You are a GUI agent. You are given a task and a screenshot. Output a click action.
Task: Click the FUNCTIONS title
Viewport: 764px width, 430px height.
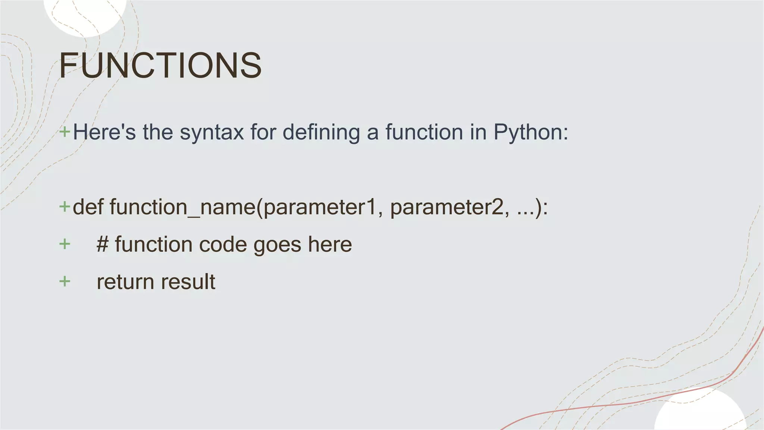click(x=160, y=65)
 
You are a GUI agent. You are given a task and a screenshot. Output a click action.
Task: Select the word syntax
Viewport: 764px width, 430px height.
click(x=212, y=132)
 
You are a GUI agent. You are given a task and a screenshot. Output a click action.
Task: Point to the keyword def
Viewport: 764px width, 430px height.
click(x=88, y=207)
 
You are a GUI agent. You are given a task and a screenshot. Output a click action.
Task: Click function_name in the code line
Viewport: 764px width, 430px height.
click(x=183, y=207)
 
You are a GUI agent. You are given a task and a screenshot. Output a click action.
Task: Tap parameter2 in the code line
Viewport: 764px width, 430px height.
click(x=447, y=208)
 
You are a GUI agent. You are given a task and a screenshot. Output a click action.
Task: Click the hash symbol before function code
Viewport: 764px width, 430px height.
click(x=103, y=244)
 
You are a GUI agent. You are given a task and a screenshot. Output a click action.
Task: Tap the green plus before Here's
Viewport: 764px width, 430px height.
click(x=65, y=132)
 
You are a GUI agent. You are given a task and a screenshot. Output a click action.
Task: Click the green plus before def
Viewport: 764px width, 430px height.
click(x=65, y=206)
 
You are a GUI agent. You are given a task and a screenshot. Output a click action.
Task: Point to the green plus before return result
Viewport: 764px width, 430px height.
click(x=65, y=281)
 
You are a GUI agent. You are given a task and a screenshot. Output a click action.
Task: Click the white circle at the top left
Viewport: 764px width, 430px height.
click(x=85, y=15)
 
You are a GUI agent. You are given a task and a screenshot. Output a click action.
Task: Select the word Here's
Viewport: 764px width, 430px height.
click(x=104, y=132)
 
